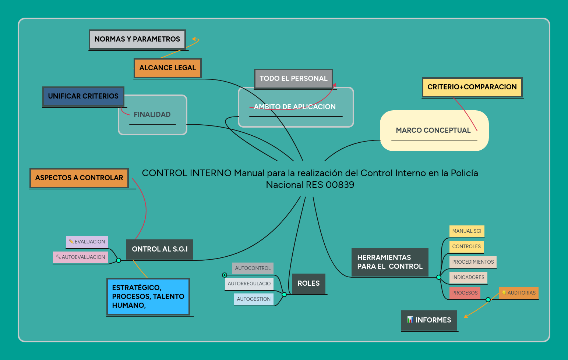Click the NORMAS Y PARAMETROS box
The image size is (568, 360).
coord(137,39)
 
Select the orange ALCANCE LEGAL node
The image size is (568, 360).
coord(167,68)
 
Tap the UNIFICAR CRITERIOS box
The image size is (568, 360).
coord(83,96)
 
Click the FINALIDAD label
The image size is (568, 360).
coord(152,115)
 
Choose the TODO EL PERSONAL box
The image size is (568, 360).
coord(293,79)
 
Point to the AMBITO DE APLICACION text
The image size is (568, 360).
coord(295,107)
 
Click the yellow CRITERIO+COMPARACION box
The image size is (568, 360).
coord(472,87)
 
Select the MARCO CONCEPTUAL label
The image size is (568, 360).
coord(433,131)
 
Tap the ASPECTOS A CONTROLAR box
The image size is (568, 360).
coord(79,178)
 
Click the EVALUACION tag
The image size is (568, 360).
coord(87,242)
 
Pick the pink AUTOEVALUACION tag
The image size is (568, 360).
coord(81,257)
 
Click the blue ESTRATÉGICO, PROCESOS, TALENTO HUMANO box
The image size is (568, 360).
coord(148,297)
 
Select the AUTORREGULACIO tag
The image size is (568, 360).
coord(249,284)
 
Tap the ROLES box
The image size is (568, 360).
coord(308,284)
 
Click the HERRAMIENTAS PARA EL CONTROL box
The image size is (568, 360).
coord(390,262)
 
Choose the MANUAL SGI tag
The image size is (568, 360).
coord(467,231)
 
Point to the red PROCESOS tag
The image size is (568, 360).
coord(465,293)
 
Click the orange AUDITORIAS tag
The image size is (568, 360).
coord(519,293)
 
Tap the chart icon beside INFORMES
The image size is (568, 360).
coord(410,320)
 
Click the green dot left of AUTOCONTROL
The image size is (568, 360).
coord(225,275)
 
